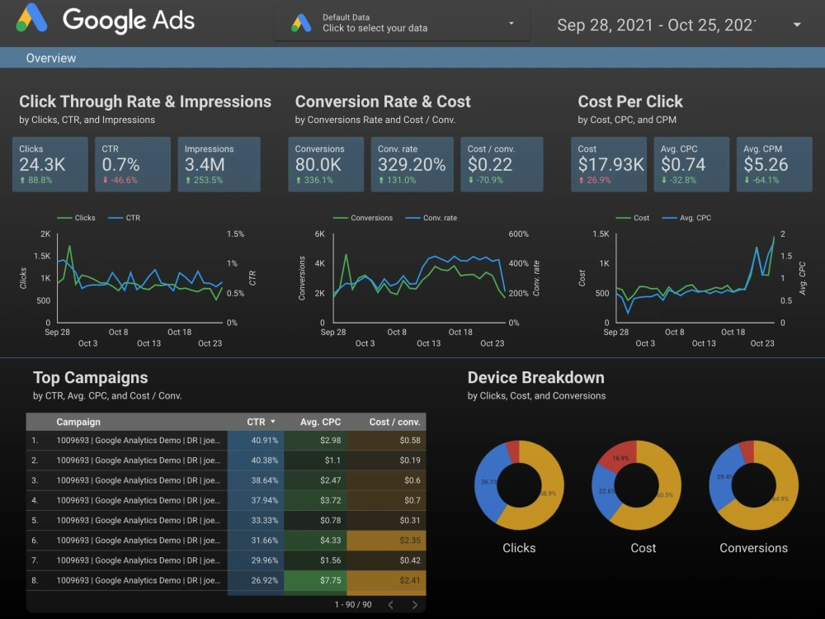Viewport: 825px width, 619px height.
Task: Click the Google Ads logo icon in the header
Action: click(32, 20)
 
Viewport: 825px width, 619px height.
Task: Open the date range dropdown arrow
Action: click(797, 25)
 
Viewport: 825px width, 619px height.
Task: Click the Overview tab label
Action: click(51, 58)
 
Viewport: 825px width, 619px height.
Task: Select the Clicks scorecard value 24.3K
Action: click(42, 164)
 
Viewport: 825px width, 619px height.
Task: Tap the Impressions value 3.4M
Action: click(205, 164)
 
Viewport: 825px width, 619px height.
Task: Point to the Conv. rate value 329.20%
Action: click(412, 164)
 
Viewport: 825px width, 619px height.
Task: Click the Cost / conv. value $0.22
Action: click(490, 164)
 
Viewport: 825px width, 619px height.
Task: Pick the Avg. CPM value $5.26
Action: click(766, 164)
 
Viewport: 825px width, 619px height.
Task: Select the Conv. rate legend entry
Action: click(439, 218)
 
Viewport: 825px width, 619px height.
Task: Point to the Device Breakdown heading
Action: click(535, 378)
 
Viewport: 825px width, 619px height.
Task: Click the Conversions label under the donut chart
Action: click(753, 548)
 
